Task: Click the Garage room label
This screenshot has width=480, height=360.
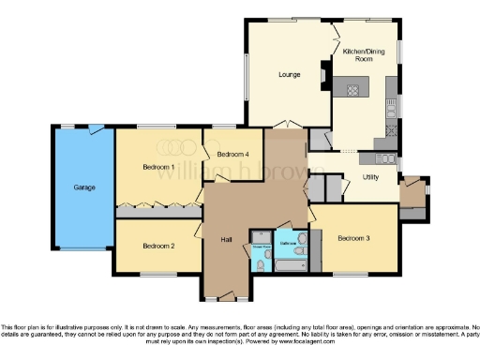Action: pyautogui.click(x=84, y=187)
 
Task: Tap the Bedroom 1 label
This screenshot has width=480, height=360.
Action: pyautogui.click(x=158, y=166)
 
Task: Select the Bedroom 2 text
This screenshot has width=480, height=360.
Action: pyautogui.click(x=158, y=246)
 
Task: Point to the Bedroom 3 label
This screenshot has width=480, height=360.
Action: pyautogui.click(x=354, y=238)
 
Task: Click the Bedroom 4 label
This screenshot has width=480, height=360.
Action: pyautogui.click(x=232, y=154)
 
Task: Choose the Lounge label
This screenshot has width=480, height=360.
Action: pyautogui.click(x=290, y=74)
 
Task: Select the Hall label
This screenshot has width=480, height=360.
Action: pyautogui.click(x=226, y=239)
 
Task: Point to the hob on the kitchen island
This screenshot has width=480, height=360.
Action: pyautogui.click(x=354, y=90)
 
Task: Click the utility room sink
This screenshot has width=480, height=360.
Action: pyautogui.click(x=384, y=158)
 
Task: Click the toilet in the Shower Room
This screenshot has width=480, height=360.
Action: pyautogui.click(x=261, y=265)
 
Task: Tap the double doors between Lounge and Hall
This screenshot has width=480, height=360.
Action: pyautogui.click(x=288, y=125)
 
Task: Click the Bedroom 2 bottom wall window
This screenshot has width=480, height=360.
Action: pyautogui.click(x=157, y=274)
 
